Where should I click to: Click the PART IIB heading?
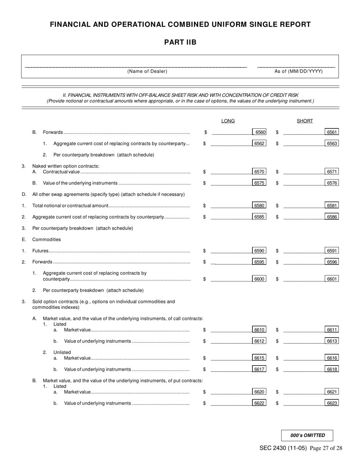tap(180, 42)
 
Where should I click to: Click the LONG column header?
tap(228, 121)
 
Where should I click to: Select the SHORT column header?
tap(305, 121)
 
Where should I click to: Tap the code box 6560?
tap(260, 132)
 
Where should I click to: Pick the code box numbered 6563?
tap(332, 144)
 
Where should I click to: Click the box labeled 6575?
tap(260, 183)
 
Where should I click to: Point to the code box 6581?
tap(332, 206)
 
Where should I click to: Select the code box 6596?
tap(332, 262)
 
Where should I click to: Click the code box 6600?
tap(260, 279)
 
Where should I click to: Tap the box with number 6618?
tap(332, 369)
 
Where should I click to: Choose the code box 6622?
tap(260, 403)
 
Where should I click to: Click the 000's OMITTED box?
tap(307, 435)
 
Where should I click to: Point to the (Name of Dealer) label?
tap(147, 71)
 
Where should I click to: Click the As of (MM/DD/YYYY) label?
tap(299, 71)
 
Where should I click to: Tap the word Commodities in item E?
tap(46, 239)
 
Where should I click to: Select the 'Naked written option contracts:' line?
tap(66, 166)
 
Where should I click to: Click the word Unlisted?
tap(62, 352)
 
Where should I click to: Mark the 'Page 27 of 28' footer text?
tap(326, 448)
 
